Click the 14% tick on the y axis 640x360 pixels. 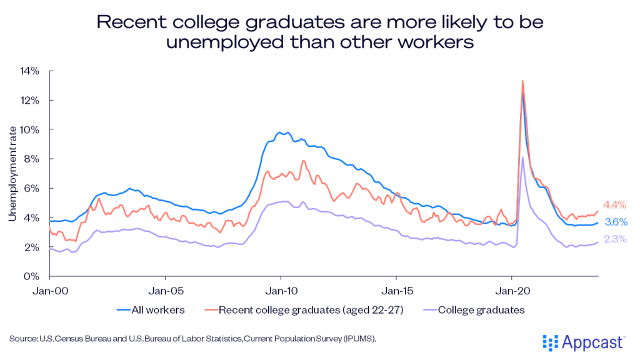pos(29,71)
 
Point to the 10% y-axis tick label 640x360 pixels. pos(29,129)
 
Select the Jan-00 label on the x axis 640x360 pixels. pos(50,291)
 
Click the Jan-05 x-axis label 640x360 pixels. pos(165,291)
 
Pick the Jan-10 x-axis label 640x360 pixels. pos(281,291)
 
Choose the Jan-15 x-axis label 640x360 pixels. pos(396,291)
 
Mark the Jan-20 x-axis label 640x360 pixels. pos(511,291)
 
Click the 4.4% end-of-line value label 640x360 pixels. pos(614,205)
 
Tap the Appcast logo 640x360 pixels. pos(583,342)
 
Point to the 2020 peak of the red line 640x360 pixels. pos(522,81)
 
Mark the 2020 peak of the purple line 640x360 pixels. pos(522,157)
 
